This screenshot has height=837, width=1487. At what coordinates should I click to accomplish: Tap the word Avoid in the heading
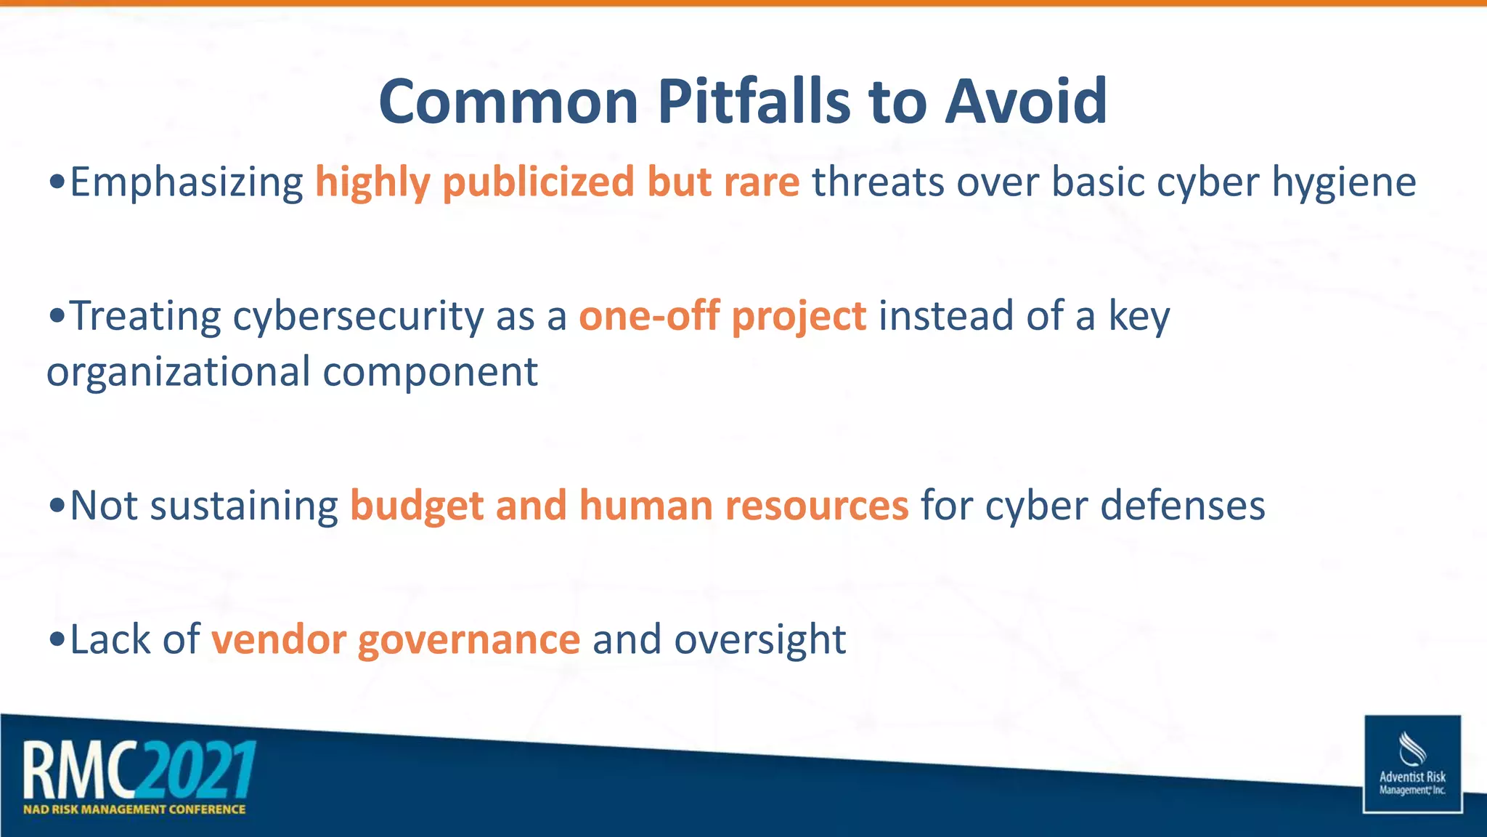1025,101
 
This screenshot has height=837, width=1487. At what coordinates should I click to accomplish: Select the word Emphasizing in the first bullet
187,182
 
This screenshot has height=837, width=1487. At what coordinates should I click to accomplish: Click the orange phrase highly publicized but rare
557,182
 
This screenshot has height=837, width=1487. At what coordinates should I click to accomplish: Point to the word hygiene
1343,182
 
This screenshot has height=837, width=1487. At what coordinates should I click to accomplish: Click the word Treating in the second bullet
144,316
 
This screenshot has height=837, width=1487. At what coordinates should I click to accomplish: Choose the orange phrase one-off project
722,317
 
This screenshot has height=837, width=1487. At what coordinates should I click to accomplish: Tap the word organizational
179,372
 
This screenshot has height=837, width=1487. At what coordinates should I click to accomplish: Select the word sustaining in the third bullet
243,506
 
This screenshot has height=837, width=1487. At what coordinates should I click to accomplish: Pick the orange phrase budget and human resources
629,506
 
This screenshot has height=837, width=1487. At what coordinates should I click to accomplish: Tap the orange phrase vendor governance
396,640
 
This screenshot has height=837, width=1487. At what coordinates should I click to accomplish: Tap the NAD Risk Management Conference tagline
134,809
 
